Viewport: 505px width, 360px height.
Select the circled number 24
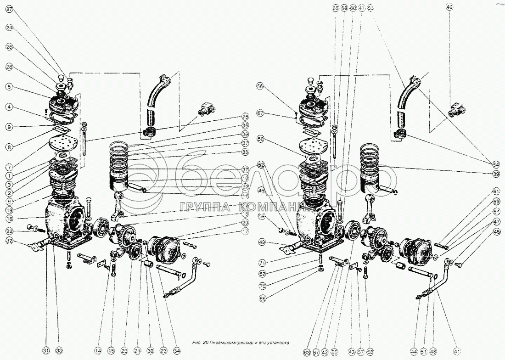coord(9,28)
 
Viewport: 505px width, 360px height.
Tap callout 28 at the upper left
coord(9,67)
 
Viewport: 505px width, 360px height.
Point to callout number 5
coord(9,87)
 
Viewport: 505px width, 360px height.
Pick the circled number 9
coord(9,126)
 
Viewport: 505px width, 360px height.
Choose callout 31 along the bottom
coord(46,350)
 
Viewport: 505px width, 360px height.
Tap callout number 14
coord(98,350)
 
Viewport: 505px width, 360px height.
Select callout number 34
coord(177,350)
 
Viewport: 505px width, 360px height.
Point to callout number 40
coord(449,7)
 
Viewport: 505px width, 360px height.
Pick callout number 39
coord(495,174)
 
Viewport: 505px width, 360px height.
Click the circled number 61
coord(495,191)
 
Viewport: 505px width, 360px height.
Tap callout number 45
coord(495,231)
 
